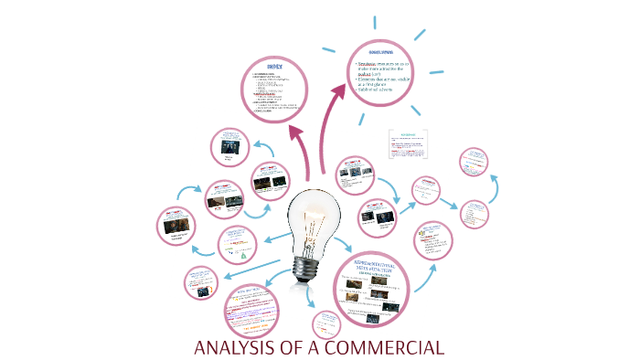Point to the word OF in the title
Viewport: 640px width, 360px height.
(x=295, y=348)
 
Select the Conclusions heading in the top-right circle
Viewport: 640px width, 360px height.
(x=380, y=55)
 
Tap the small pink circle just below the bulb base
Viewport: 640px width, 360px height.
(x=327, y=324)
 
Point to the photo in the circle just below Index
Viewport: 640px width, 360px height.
(x=229, y=143)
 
